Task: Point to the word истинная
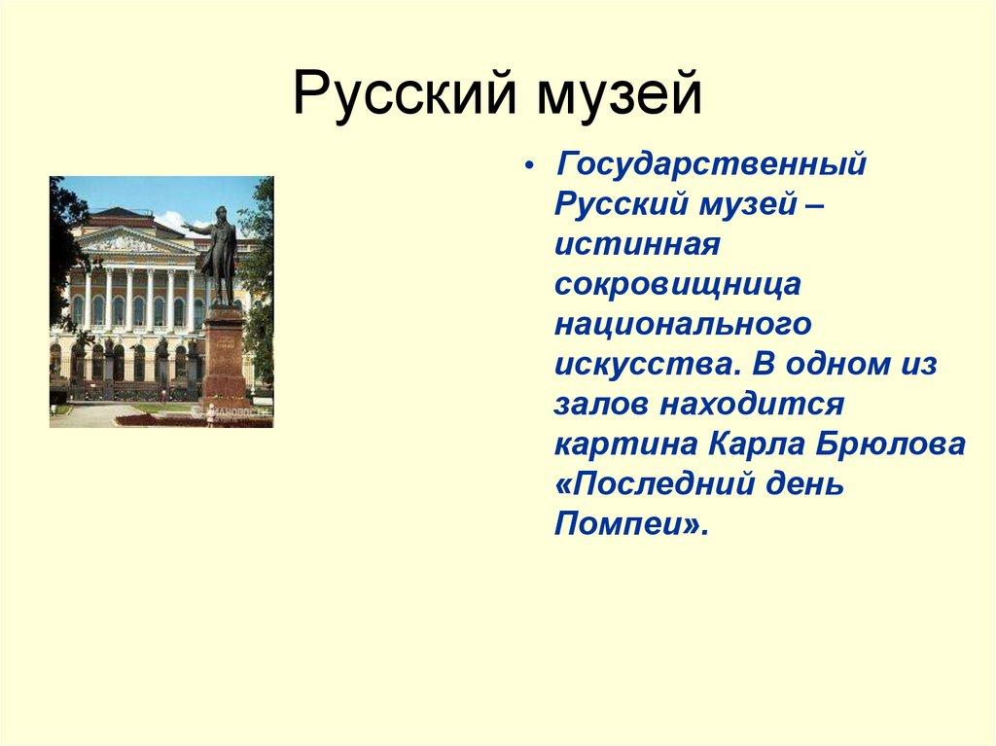636,245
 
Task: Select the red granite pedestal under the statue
224,355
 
